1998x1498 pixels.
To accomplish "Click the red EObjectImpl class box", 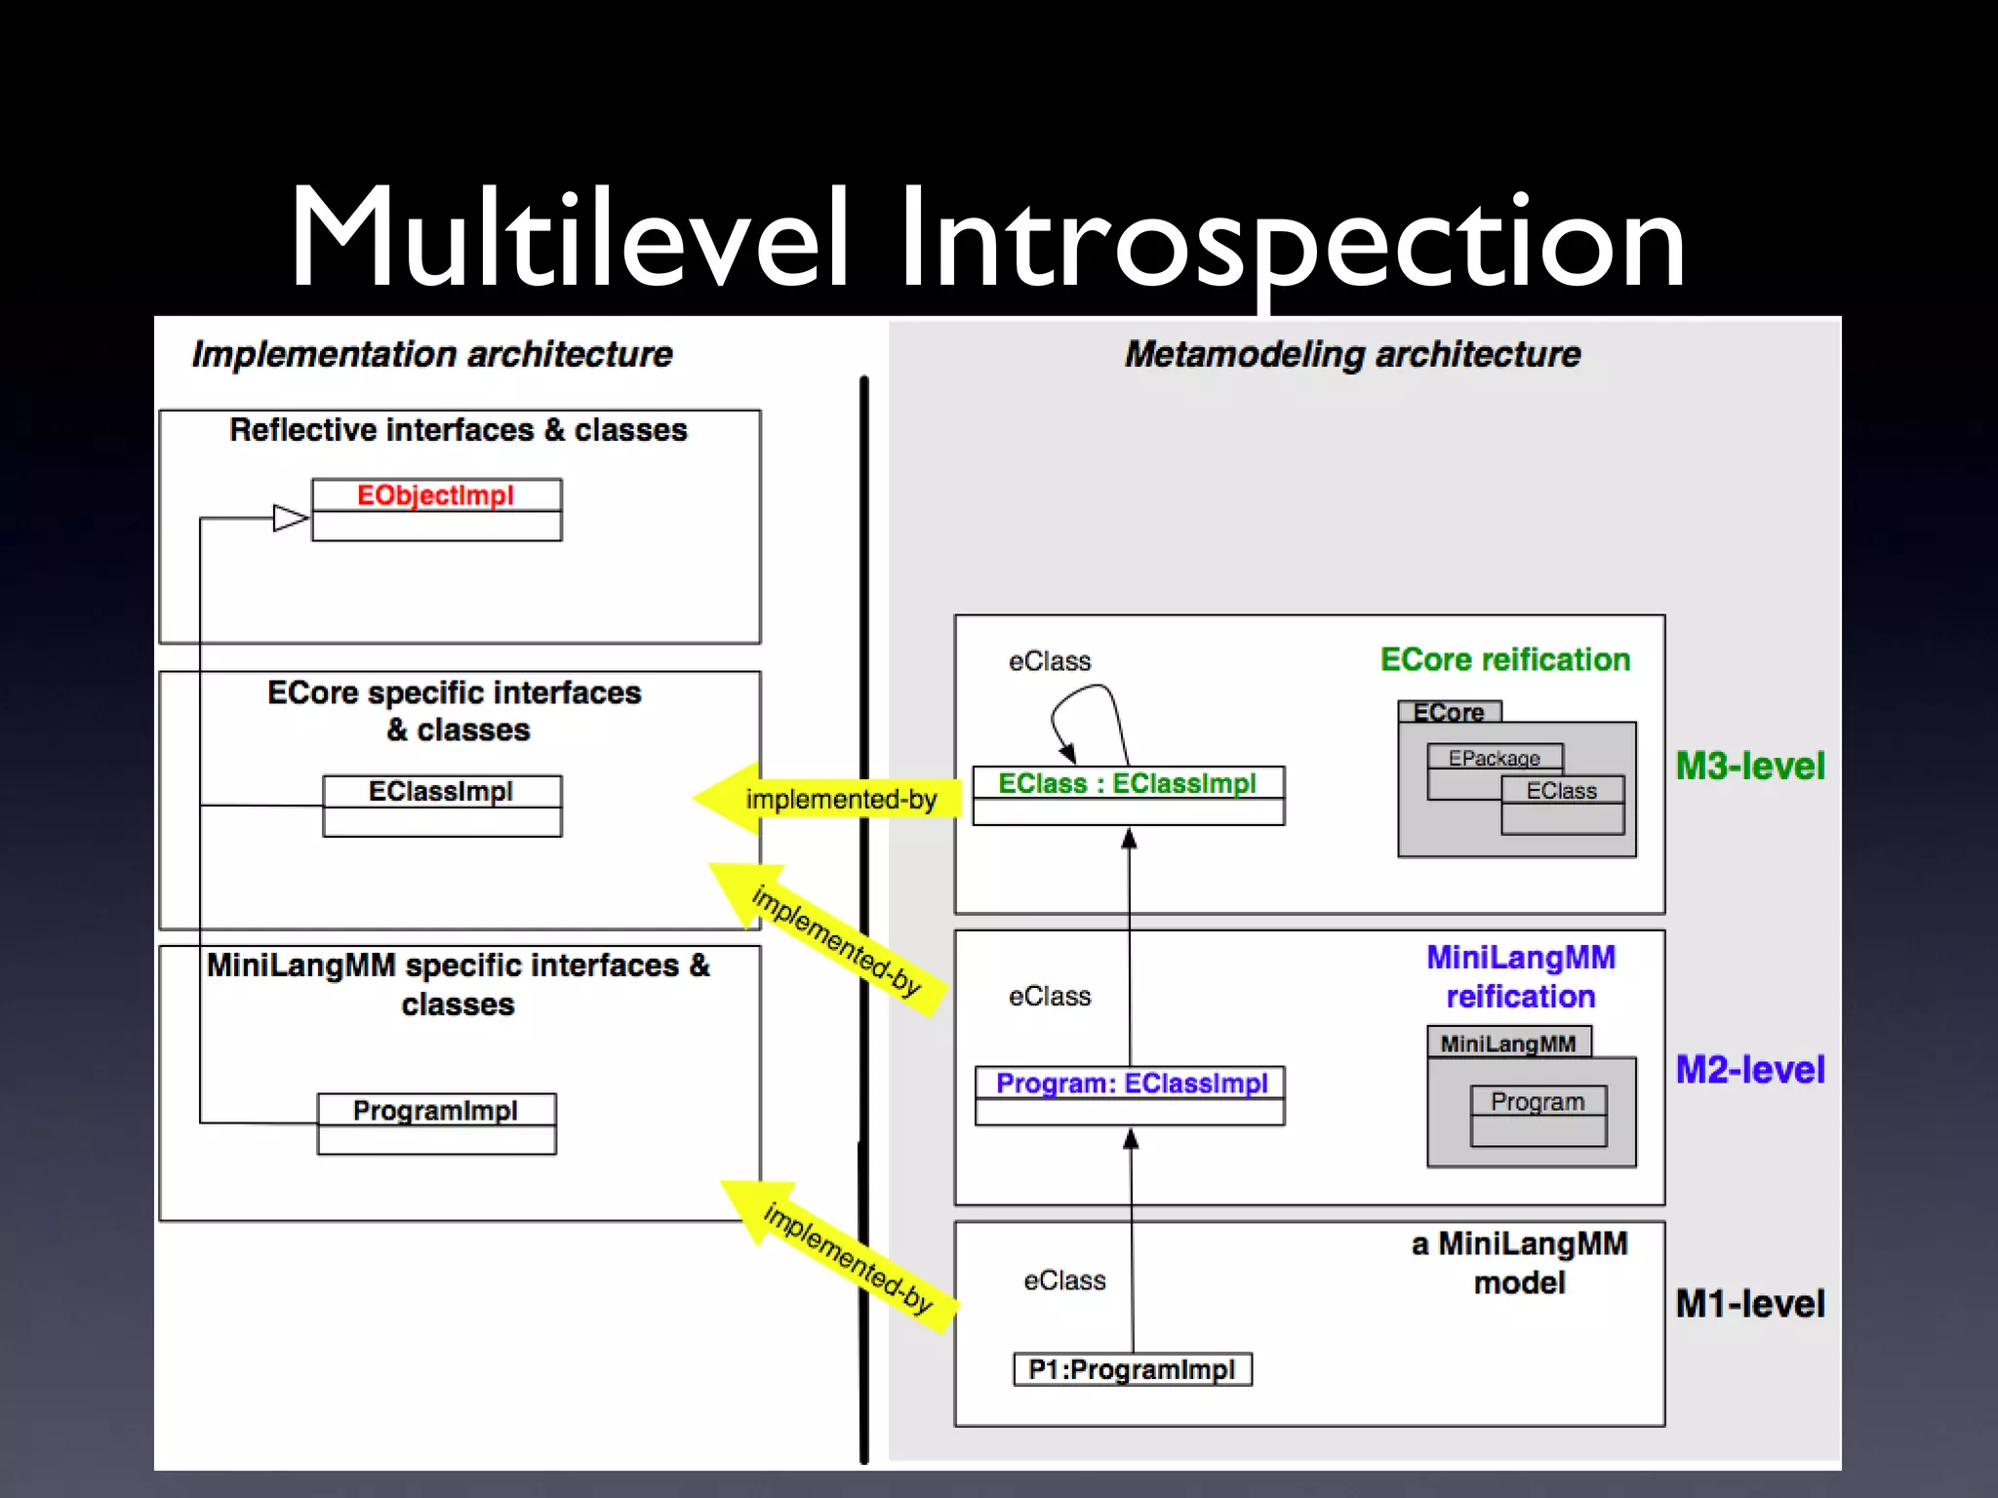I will [x=436, y=509].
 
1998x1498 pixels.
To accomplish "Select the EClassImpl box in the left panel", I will [x=442, y=806].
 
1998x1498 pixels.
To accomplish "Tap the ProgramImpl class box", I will [x=436, y=1123].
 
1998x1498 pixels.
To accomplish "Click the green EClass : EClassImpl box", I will [x=1128, y=795].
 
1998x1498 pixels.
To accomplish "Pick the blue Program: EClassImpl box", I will [x=1130, y=1095].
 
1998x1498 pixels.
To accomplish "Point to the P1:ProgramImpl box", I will [x=1133, y=1369].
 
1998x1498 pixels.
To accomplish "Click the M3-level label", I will [x=1749, y=766].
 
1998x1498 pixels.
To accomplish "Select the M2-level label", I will [x=1749, y=1070].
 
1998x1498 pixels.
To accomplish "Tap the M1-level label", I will [x=1749, y=1304].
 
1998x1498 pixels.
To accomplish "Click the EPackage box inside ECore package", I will [x=1494, y=758].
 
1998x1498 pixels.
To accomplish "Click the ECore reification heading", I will [x=1504, y=659].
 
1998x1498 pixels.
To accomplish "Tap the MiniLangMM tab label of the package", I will [x=1508, y=1043].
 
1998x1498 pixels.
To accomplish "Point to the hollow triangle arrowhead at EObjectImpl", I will [x=290, y=518].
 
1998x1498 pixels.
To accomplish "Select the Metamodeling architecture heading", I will [x=1352, y=354].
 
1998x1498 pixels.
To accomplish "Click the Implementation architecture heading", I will [x=432, y=354].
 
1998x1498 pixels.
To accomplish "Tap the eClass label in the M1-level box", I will [x=1064, y=1280].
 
